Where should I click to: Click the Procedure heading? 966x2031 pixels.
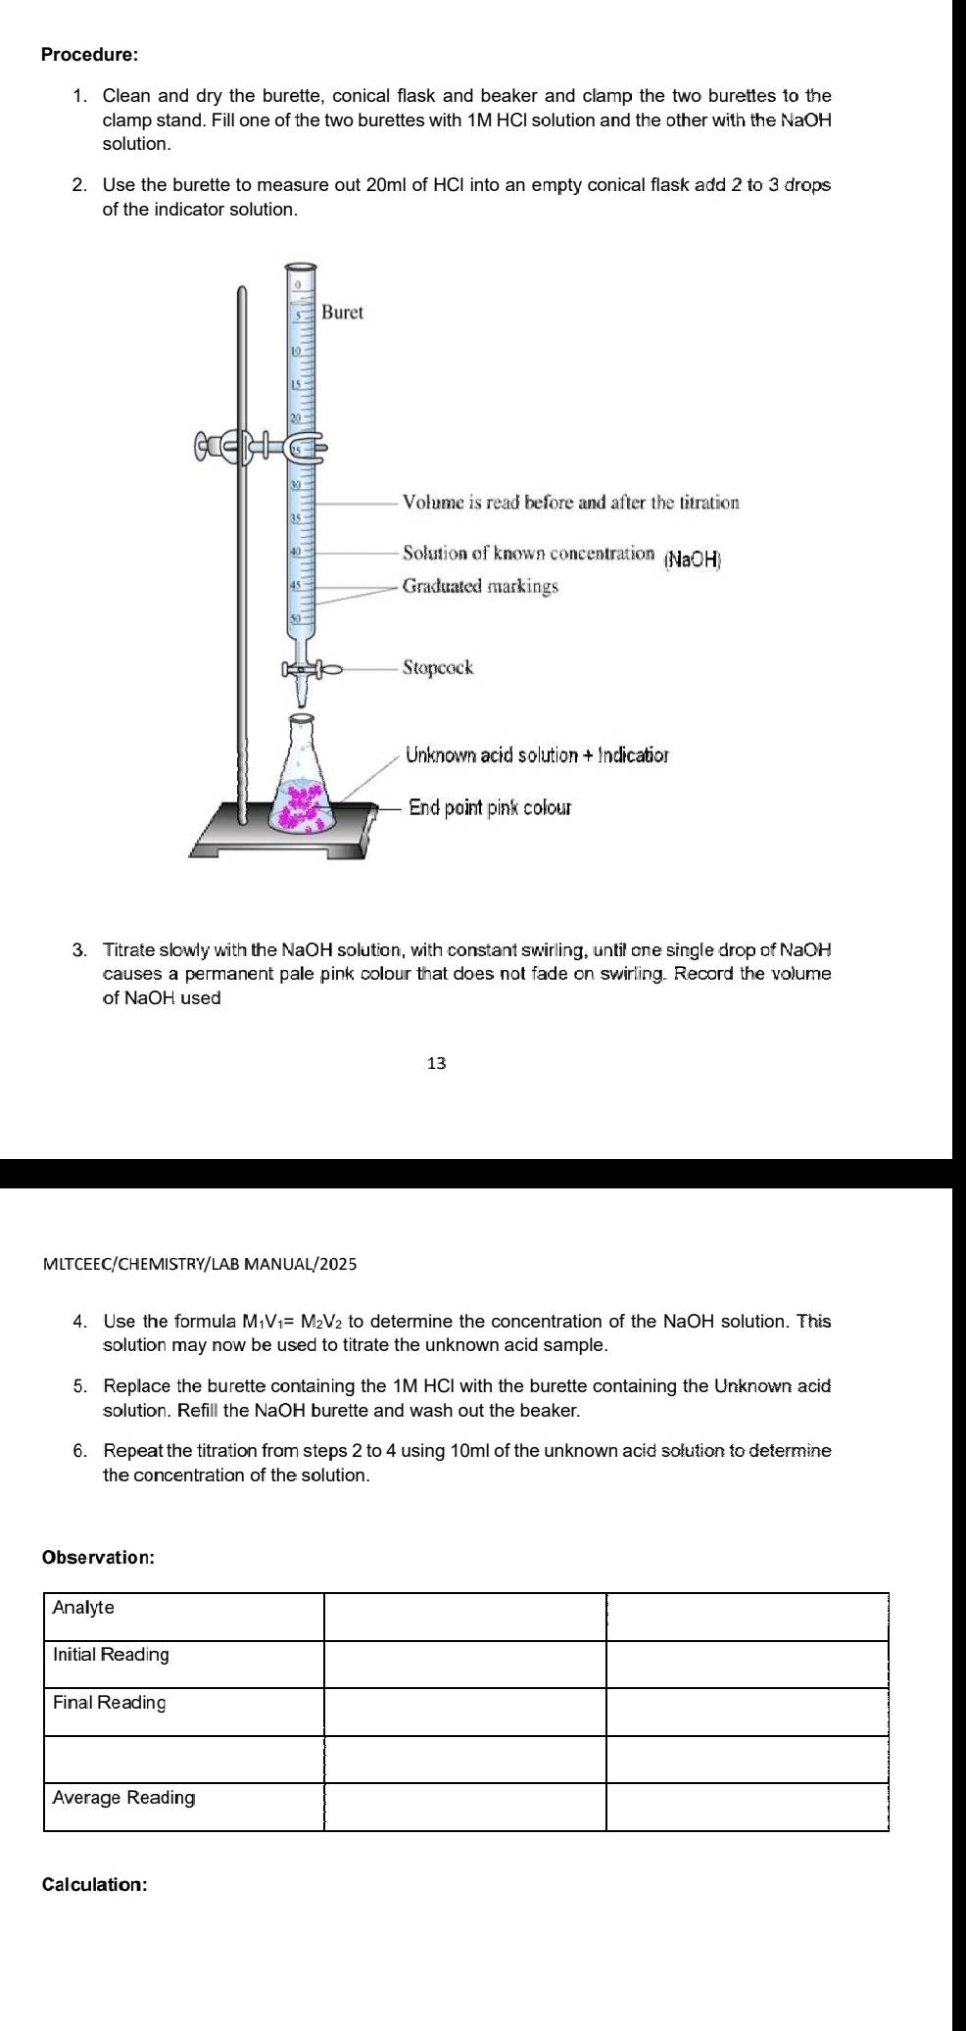[x=89, y=55]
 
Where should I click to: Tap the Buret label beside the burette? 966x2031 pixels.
[x=342, y=313]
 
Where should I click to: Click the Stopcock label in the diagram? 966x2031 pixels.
[x=438, y=668]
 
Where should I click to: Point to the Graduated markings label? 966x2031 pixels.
[x=480, y=587]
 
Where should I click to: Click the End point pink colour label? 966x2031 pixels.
[x=489, y=808]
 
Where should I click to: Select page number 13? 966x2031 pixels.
[x=437, y=1063]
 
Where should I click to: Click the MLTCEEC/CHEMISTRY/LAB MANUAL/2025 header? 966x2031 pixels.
[x=201, y=1264]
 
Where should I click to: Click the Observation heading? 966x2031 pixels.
[x=98, y=1558]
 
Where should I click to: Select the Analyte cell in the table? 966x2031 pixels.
[x=84, y=1608]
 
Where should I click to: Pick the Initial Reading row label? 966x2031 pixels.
[x=111, y=1655]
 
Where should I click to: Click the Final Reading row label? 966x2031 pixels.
[x=109, y=1703]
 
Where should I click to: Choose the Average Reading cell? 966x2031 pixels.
[x=123, y=1798]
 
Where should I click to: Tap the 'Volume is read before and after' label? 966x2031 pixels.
[x=570, y=504]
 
